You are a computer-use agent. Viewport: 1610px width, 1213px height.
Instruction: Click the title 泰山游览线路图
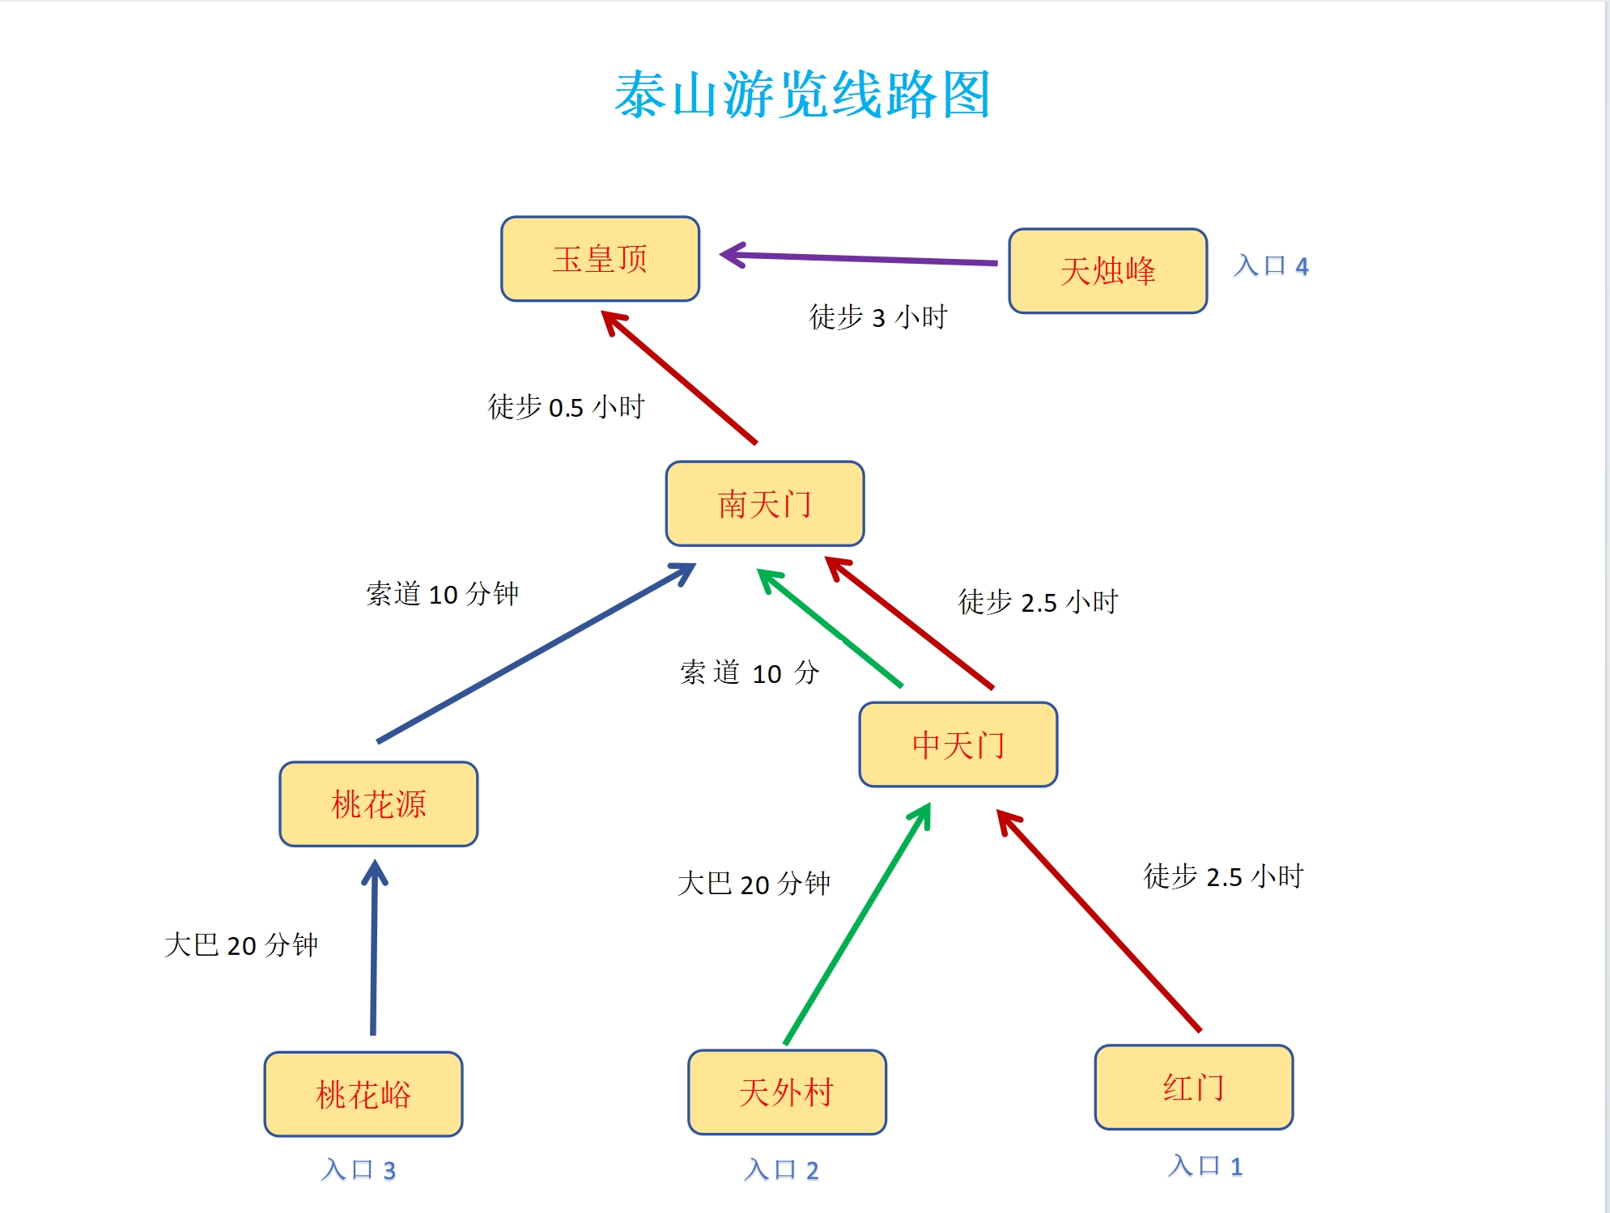(802, 95)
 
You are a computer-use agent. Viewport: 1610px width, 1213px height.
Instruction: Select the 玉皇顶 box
(600, 259)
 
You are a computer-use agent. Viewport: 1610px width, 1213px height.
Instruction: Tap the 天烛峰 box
(1107, 271)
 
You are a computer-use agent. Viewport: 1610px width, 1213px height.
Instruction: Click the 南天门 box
(765, 504)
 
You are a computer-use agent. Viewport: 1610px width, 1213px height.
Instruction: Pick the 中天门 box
(958, 744)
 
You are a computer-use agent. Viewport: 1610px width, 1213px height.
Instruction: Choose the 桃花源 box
(378, 804)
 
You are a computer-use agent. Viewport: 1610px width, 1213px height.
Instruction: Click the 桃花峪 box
(363, 1094)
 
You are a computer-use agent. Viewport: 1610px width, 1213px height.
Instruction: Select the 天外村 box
(786, 1092)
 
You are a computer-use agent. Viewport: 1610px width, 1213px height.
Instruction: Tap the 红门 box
(1193, 1088)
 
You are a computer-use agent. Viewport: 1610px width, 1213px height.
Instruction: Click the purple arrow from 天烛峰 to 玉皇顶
(858, 258)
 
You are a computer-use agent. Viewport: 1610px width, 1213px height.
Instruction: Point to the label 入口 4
(1270, 265)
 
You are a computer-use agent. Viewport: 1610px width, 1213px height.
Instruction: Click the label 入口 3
(357, 1169)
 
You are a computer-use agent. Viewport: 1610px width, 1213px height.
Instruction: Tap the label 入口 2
(780, 1169)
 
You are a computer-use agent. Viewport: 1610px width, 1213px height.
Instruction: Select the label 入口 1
(1204, 1165)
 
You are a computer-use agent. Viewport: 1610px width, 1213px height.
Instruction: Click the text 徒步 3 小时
(877, 316)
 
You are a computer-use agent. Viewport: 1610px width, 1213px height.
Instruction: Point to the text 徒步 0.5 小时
(565, 406)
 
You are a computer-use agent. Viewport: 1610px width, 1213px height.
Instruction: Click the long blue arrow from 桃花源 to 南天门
(534, 654)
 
